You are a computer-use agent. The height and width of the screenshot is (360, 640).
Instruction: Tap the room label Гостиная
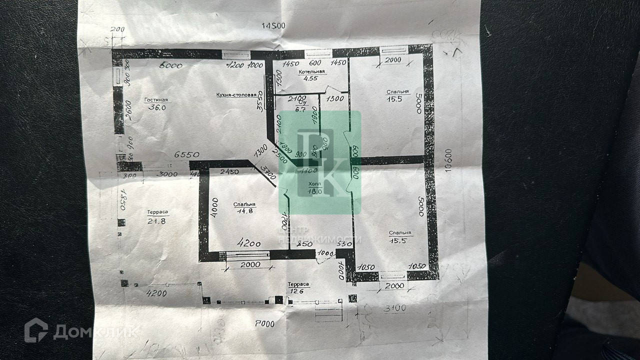click(155, 99)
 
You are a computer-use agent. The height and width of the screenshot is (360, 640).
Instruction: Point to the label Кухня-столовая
click(236, 94)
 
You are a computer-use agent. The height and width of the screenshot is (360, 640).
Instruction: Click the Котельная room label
click(311, 72)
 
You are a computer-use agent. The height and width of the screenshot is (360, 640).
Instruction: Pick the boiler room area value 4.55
click(311, 78)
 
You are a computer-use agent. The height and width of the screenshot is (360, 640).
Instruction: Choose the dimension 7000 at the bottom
click(264, 323)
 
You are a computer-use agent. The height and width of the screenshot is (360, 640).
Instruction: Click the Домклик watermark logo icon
click(36, 330)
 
